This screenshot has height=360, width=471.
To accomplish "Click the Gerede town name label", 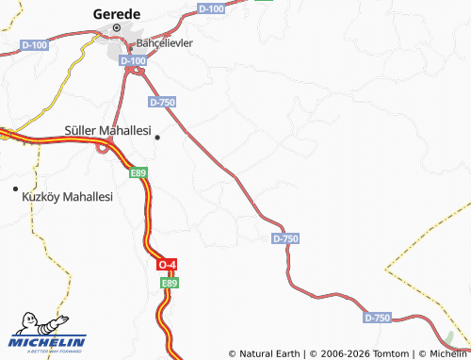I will pyautogui.click(x=118, y=14).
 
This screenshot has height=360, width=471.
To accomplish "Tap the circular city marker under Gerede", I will pyautogui.click(x=118, y=29).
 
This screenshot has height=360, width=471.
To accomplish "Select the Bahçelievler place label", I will pyautogui.click(x=165, y=43).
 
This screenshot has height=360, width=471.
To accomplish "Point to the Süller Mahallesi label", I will pyautogui.click(x=107, y=131).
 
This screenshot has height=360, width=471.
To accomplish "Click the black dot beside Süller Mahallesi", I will pyautogui.click(x=157, y=138).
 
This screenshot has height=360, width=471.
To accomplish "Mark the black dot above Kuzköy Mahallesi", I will pyautogui.click(x=15, y=189).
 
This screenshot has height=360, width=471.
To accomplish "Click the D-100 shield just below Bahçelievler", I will pyautogui.click(x=136, y=61).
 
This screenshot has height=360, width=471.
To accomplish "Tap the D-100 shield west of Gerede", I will pyautogui.click(x=34, y=44).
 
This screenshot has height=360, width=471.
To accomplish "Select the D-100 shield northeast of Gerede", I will pyautogui.click(x=213, y=8).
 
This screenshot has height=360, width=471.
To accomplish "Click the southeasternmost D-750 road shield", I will pyautogui.click(x=376, y=318).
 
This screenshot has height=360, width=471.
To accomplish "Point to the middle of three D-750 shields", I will pyautogui.click(x=285, y=239).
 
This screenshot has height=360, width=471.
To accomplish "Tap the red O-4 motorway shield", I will pyautogui.click(x=168, y=266).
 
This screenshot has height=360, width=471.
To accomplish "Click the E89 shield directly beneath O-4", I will pyautogui.click(x=169, y=282).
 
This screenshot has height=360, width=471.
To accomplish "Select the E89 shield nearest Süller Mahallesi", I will pyautogui.click(x=139, y=172).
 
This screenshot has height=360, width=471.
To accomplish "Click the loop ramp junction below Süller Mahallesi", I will pyautogui.click(x=104, y=147).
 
